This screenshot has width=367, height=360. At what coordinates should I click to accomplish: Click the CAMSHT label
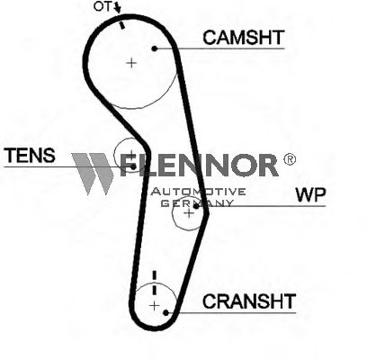coord(243,38)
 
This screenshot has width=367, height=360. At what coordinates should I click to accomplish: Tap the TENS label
coord(31,156)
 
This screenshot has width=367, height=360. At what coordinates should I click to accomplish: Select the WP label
coord(310,194)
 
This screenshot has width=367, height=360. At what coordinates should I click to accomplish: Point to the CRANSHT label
coord(249,301)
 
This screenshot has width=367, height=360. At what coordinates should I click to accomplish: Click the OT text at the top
coord(102,6)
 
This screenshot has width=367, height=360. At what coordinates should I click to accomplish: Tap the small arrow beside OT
coord(117,7)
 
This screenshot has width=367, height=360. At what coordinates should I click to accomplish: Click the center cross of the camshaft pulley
coord(131,63)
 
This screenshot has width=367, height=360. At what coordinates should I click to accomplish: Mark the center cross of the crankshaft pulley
coord(154,306)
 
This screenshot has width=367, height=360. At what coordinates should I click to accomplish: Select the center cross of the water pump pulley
coord(189,213)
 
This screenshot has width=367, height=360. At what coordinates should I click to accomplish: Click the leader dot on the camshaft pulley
coord(155,49)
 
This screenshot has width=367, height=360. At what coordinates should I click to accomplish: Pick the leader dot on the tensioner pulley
coord(133,166)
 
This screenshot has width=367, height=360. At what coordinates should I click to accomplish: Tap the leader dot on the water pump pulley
coord(196,206)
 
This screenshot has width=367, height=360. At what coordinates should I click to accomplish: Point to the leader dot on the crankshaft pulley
coord(166,312)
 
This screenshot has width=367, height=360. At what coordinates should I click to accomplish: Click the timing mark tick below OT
coord(121,26)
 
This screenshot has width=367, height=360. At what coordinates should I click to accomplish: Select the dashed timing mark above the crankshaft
coord(155,283)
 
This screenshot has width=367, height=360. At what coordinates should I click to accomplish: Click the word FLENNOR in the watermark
coord(199,165)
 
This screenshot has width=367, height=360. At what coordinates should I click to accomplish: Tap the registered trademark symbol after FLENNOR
coord(290,159)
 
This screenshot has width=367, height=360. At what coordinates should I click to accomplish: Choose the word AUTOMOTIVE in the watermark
coord(198,192)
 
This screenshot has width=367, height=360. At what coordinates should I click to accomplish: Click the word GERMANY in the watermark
coord(197,202)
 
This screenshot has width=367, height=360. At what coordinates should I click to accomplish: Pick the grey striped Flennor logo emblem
coord(93,174)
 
